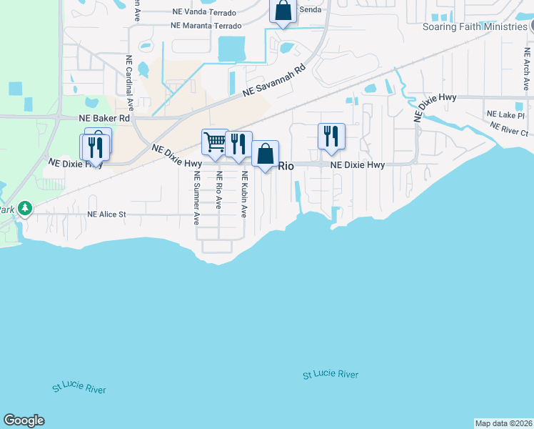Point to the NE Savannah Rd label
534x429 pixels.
tap(273, 79)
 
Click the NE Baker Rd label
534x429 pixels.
tap(104, 118)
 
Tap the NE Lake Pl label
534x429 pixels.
tap(505, 114)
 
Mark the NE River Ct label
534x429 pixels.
tap(509, 128)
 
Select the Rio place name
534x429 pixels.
tap(286, 166)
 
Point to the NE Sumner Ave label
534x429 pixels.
tap(196, 198)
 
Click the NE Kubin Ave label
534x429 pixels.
tap(244, 194)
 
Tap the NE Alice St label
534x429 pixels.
tap(106, 214)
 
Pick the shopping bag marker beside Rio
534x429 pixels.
tap(265, 154)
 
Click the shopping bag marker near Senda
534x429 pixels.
tap(283, 11)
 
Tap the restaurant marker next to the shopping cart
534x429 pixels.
tap(238, 144)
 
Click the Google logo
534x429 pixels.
tap(24, 420)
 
